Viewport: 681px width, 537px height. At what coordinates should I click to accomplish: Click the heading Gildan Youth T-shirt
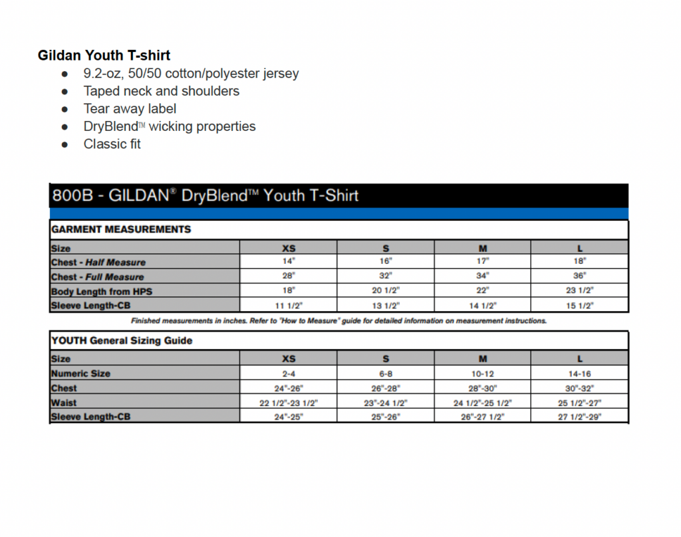(x=104, y=55)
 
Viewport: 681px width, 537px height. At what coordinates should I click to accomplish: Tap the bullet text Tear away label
(x=130, y=108)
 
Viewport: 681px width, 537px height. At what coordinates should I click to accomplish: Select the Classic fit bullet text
(x=112, y=144)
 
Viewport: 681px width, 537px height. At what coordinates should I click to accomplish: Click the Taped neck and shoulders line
(x=161, y=91)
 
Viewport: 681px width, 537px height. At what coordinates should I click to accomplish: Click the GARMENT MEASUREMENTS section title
(x=121, y=229)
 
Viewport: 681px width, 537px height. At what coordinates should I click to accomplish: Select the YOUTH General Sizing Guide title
(x=122, y=340)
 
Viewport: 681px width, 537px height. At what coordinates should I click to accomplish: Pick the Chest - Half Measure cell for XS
(x=289, y=262)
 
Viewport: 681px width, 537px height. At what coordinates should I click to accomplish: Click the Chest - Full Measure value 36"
(x=580, y=276)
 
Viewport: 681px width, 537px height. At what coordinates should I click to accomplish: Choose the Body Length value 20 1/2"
(x=386, y=290)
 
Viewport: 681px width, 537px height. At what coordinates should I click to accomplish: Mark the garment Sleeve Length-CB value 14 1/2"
(x=483, y=306)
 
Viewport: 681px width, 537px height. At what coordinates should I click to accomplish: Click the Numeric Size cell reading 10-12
(x=483, y=374)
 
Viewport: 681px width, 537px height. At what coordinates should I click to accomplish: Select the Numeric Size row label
(x=81, y=374)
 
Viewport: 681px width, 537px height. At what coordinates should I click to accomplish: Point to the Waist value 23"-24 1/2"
(x=386, y=403)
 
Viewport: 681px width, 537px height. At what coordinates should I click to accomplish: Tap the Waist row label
(x=64, y=403)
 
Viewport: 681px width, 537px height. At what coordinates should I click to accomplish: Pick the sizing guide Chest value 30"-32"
(x=580, y=388)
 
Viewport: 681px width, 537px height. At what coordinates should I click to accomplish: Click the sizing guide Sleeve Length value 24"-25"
(x=289, y=417)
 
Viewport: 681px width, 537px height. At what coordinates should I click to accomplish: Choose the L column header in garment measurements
(x=580, y=248)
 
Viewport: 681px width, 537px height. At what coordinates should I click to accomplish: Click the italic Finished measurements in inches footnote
(x=339, y=321)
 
